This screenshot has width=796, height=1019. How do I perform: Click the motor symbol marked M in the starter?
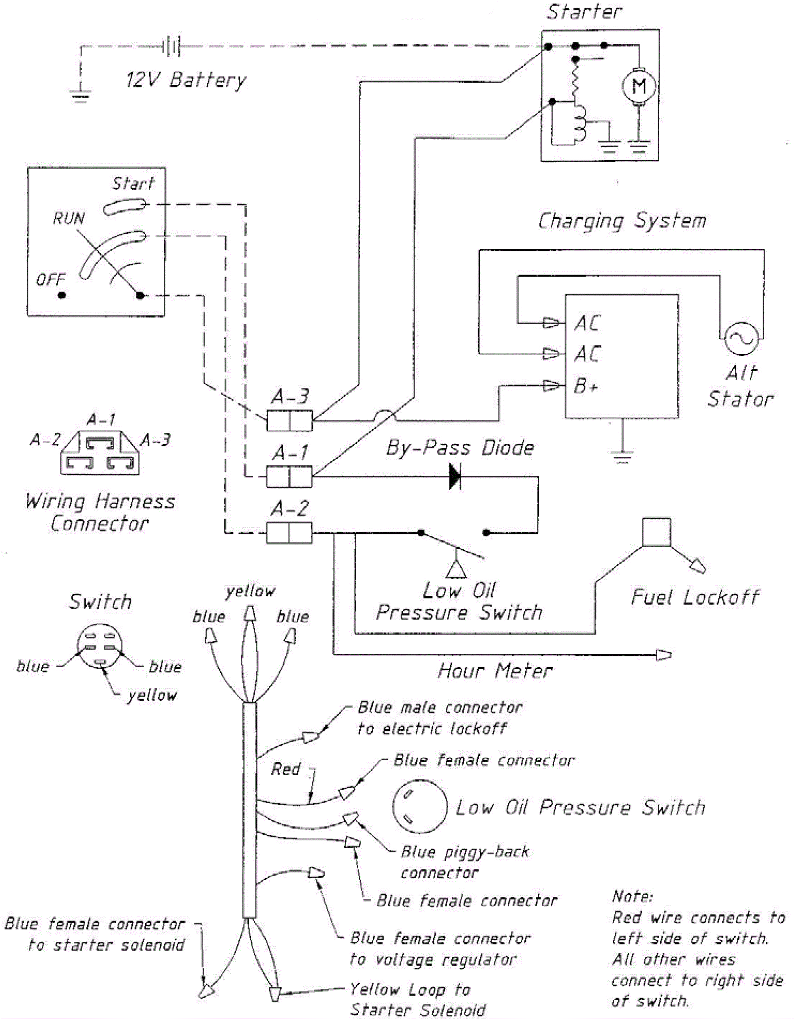point(639,86)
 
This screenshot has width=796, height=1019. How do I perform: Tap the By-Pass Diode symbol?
point(455,477)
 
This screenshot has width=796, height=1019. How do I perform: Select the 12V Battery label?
point(186,80)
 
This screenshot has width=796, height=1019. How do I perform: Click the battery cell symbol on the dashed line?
point(172,47)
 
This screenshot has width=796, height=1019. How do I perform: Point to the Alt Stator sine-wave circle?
point(741,338)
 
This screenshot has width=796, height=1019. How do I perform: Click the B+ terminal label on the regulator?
point(586,386)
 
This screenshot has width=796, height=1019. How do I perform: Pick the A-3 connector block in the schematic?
point(290,420)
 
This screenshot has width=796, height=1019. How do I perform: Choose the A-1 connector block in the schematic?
point(289,477)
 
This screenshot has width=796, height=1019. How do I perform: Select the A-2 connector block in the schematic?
point(289,533)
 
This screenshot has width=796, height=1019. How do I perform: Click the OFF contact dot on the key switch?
point(62,295)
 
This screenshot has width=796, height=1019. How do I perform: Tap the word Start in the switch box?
point(133,184)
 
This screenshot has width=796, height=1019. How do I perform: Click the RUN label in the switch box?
point(69,218)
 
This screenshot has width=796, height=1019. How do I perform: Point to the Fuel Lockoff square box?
point(656,532)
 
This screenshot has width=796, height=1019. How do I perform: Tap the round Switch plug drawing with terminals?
point(100,646)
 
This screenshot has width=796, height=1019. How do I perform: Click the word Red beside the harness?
point(286,769)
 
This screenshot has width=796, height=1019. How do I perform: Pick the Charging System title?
point(622,221)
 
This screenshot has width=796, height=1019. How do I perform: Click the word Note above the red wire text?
point(632,896)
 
